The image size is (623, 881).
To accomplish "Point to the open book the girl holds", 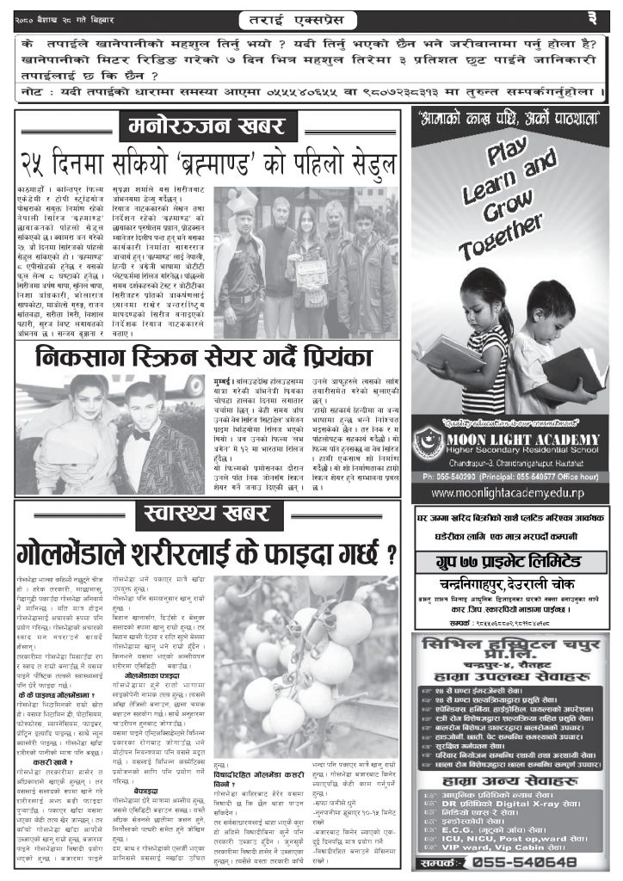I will click(x=453, y=353).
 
